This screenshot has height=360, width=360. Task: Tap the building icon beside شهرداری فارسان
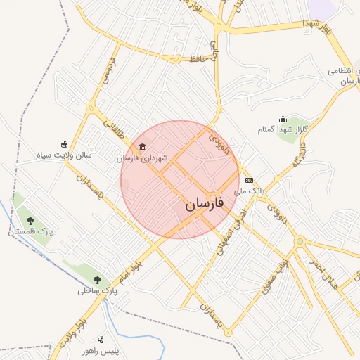[143, 147]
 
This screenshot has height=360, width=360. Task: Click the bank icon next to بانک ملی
[248, 180]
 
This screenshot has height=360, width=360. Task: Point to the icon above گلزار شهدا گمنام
[283, 119]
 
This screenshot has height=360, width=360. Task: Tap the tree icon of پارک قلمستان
[30, 220]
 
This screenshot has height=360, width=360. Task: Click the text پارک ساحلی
[98, 289]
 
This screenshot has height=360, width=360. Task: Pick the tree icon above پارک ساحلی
[98, 278]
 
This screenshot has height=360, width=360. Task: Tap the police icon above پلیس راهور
[101, 340]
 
